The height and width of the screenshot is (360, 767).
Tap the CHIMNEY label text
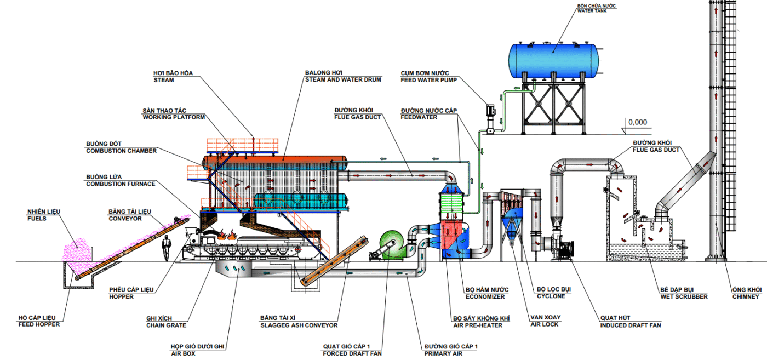746,296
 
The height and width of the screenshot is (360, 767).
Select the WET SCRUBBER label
684,296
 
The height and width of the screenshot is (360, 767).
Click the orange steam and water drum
274,161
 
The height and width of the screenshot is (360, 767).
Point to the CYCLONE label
551,296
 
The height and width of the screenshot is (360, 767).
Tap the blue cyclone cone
511,225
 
